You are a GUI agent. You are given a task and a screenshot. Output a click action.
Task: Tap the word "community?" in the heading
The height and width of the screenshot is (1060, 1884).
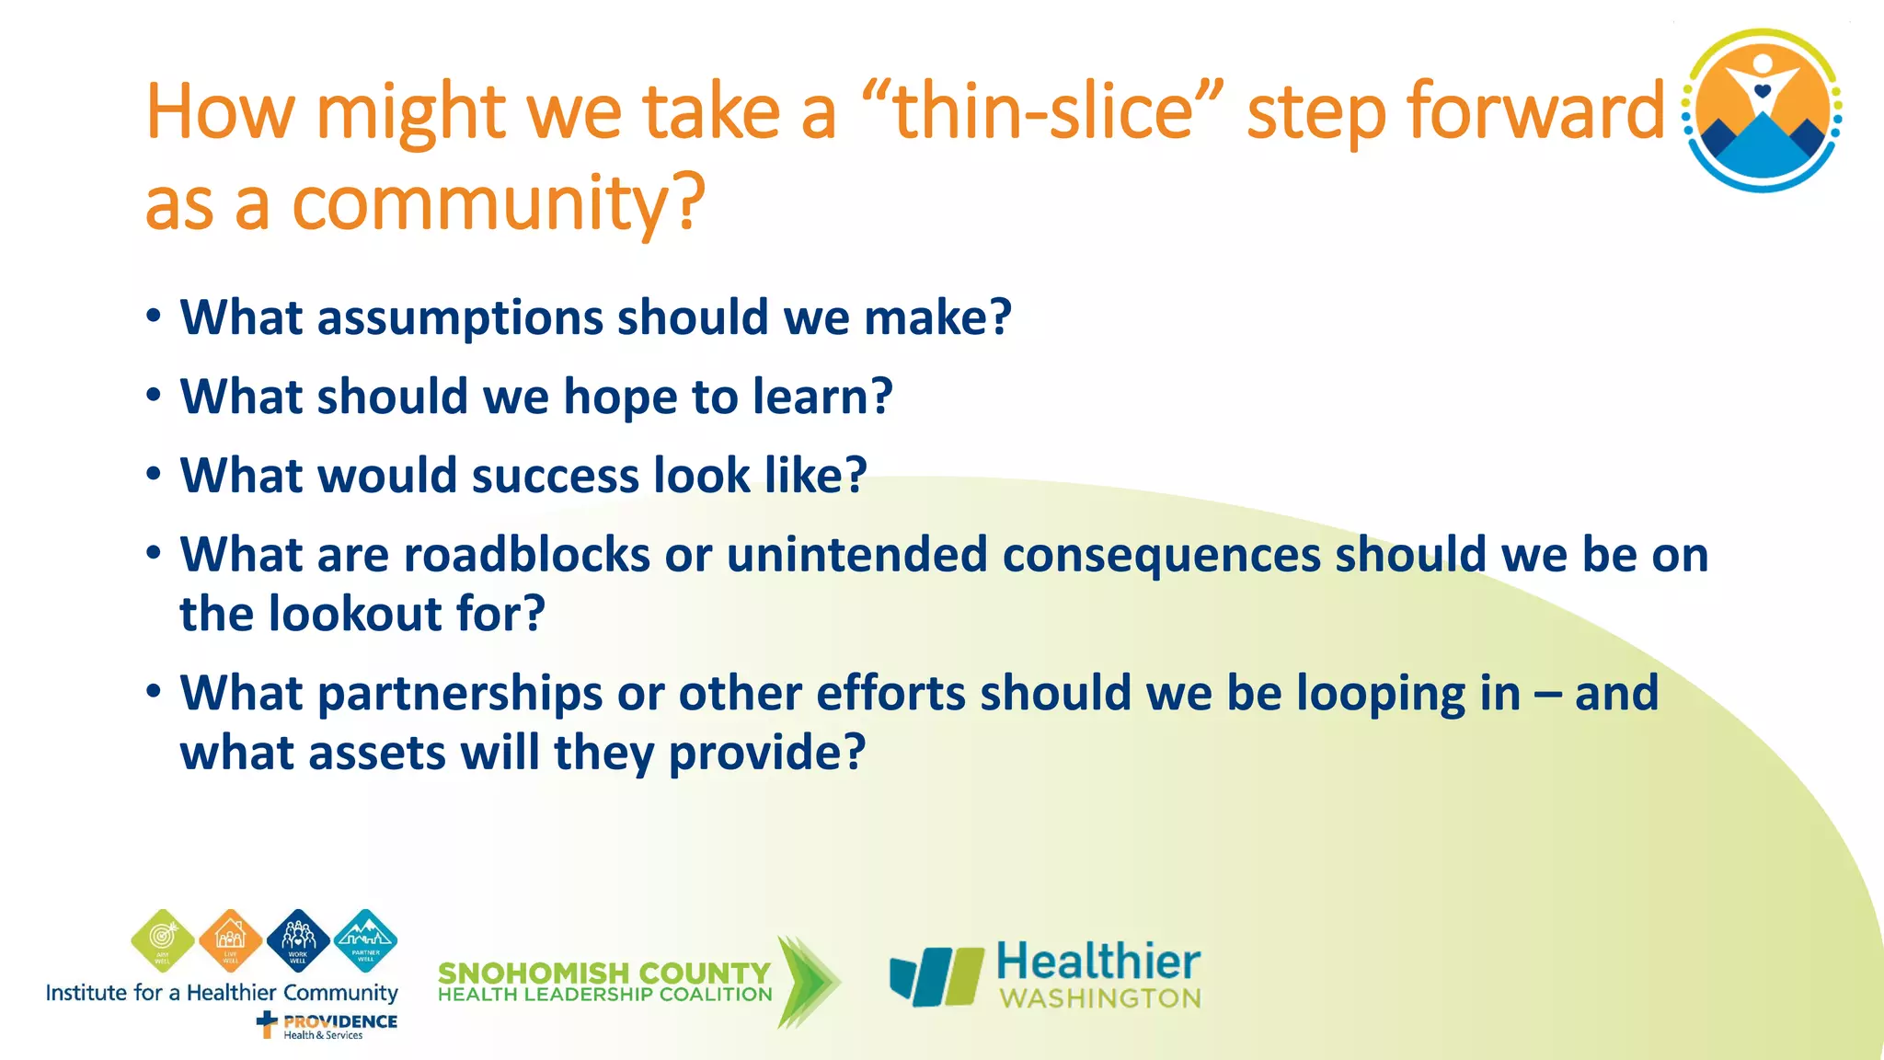(x=498, y=204)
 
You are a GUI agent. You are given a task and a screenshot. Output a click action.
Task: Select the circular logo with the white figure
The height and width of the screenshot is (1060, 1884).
(x=1762, y=110)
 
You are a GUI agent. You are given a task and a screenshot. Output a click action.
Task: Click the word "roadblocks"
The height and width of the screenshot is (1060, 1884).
(x=527, y=556)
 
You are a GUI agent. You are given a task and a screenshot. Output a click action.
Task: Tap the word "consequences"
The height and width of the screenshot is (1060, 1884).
(x=1161, y=556)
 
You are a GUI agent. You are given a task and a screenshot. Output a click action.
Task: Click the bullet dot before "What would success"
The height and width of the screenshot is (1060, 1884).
(x=154, y=475)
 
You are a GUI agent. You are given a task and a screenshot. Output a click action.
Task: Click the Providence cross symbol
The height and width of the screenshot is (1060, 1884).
(x=267, y=1023)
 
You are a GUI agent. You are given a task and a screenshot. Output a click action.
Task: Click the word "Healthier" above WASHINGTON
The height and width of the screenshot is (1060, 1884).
(x=1098, y=962)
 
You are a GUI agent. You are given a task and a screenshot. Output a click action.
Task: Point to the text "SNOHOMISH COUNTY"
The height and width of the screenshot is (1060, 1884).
(x=603, y=973)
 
